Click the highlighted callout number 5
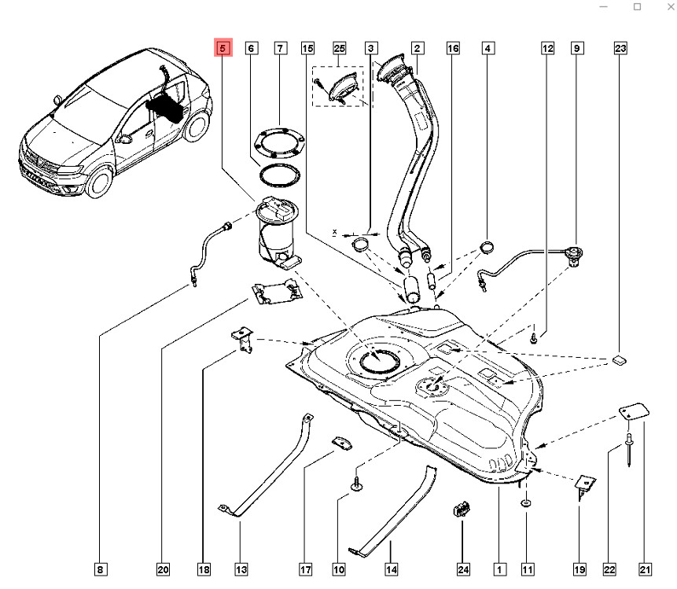point(223,49)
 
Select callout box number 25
point(340,49)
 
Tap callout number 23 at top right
point(620,49)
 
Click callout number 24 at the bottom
point(463,568)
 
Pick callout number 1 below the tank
point(498,568)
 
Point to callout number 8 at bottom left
point(100,568)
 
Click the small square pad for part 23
point(618,360)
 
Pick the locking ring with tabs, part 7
point(278,142)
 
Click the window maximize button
point(637,7)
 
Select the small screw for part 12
point(534,339)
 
